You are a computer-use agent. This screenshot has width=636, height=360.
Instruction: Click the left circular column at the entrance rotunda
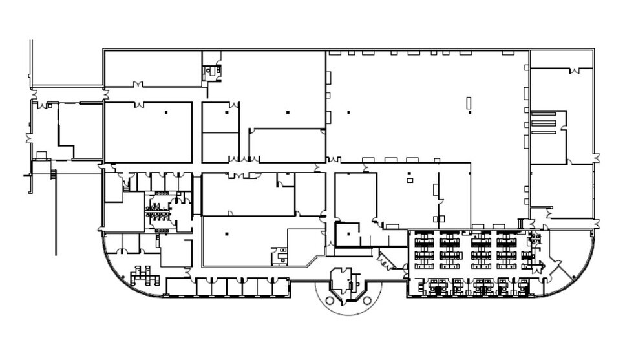click(330, 301)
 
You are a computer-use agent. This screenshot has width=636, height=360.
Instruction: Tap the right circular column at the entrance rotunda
click(367, 301)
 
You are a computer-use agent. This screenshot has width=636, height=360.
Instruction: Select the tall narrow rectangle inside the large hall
click(470, 103)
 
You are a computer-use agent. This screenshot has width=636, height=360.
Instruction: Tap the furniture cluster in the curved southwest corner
click(143, 277)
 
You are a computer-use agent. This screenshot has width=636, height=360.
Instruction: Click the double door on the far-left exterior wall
click(28, 138)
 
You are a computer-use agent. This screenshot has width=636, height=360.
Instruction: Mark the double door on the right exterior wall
click(595, 157)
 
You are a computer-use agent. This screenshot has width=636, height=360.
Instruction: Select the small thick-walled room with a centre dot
click(347, 234)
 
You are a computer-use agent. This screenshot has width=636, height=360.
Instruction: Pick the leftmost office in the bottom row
click(180, 287)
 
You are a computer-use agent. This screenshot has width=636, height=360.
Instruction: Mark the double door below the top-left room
click(138, 85)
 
